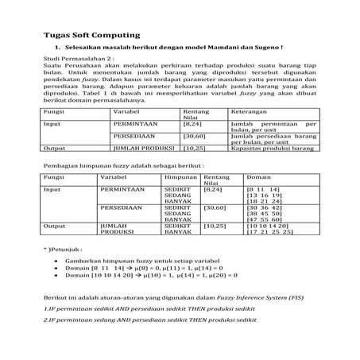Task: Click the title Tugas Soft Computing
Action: pyautogui.click(x=91, y=36)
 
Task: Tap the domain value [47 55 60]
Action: pyautogui.click(x=263, y=219)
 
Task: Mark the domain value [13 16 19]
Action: pyautogui.click(x=263, y=195)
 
